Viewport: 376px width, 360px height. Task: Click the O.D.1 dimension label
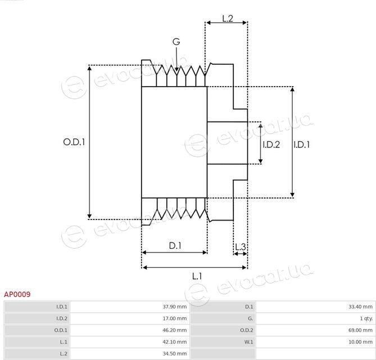tap(74, 142)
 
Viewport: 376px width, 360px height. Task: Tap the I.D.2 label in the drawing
tap(271, 145)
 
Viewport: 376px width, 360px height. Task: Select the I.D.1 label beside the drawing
tap(302, 145)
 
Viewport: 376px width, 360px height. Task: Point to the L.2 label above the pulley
tap(228, 19)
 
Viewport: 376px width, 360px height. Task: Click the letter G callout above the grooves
tap(176, 42)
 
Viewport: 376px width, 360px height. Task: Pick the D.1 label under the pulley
tap(175, 246)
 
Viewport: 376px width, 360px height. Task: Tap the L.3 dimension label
tap(241, 247)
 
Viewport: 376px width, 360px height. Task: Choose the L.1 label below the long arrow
tap(197, 276)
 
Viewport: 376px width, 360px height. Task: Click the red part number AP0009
tap(17, 295)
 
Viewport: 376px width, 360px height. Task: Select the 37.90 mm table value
tap(175, 307)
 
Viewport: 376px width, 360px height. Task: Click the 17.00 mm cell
tap(175, 318)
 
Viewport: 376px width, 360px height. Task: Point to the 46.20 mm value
tap(175, 330)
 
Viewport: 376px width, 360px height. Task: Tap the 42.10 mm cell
tap(175, 342)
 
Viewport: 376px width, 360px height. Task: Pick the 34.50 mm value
tap(175, 354)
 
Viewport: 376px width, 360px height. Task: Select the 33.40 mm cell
tap(360, 307)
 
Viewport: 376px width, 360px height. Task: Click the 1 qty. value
tap(366, 319)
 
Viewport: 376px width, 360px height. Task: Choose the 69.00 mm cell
tap(360, 330)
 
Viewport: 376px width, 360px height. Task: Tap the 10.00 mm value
tap(360, 342)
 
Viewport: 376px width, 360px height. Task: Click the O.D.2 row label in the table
tap(247, 330)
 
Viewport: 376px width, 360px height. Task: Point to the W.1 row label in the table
tap(248, 342)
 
